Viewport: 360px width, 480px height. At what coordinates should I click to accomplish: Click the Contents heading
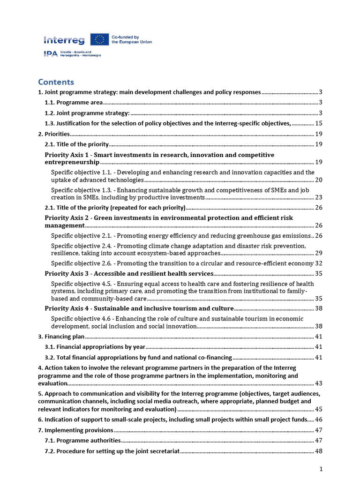pos(56,82)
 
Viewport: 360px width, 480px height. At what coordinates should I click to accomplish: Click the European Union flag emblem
pos(99,39)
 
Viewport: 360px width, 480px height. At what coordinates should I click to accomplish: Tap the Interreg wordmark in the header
pos(64,40)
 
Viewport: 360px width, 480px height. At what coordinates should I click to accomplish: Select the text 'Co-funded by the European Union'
pos(131,39)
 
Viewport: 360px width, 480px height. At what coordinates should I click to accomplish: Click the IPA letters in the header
pos(50,54)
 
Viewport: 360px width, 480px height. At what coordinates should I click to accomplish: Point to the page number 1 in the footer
pos(321,469)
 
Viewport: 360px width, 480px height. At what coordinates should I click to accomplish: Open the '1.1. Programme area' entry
pos(74,102)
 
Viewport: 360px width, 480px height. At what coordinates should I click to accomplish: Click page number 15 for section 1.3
pos(318,123)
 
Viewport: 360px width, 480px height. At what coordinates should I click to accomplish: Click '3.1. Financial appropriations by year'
pos(95,347)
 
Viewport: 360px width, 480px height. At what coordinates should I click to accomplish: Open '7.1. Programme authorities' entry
pos(82,441)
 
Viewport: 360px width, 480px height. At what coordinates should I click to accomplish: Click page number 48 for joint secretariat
pos(318,451)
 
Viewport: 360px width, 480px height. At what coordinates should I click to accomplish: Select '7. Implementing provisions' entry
pos(75,430)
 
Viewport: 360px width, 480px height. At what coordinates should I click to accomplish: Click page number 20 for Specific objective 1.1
pos(318,180)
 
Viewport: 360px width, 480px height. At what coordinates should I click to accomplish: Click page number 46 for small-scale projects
pos(318,420)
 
